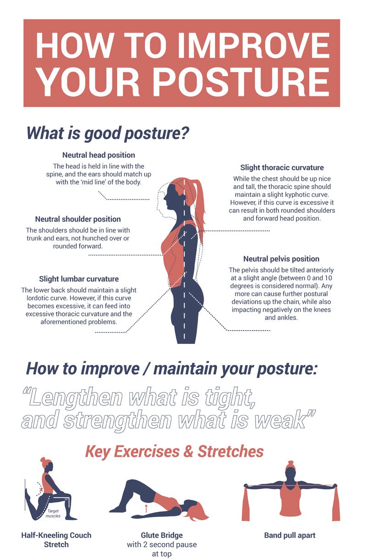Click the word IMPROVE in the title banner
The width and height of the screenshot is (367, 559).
(254, 45)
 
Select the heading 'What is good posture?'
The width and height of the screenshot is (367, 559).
(108, 133)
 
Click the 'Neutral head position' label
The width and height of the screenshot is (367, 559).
(99, 155)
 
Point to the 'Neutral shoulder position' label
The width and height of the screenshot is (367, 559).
(78, 219)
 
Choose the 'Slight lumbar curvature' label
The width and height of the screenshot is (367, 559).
(79, 279)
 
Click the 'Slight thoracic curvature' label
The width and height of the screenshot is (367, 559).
(282, 167)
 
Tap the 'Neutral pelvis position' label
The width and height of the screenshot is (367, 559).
(281, 259)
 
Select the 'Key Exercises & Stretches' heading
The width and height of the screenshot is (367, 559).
(174, 451)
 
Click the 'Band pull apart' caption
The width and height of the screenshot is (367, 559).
(289, 535)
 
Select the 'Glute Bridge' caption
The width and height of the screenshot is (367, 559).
(162, 535)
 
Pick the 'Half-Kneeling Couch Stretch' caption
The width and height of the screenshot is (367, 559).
(56, 540)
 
